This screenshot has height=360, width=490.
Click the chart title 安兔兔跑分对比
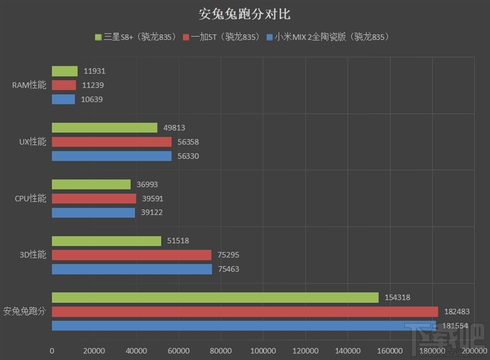[x=245, y=13]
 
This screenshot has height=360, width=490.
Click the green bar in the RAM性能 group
[x=64, y=72]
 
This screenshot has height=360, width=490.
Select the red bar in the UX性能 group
[x=111, y=142]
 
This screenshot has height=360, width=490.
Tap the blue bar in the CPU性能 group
[x=93, y=212]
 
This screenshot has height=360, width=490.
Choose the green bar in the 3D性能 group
[x=106, y=241]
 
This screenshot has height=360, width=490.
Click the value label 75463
[x=228, y=269]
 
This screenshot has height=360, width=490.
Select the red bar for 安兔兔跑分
[x=244, y=312]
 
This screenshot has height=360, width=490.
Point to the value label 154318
[x=398, y=298]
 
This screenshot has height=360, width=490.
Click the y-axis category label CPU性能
[x=30, y=198]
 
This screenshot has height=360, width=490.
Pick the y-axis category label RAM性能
[x=29, y=85]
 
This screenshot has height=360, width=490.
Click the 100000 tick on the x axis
[x=263, y=350]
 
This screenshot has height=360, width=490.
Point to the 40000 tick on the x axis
[x=136, y=350]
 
